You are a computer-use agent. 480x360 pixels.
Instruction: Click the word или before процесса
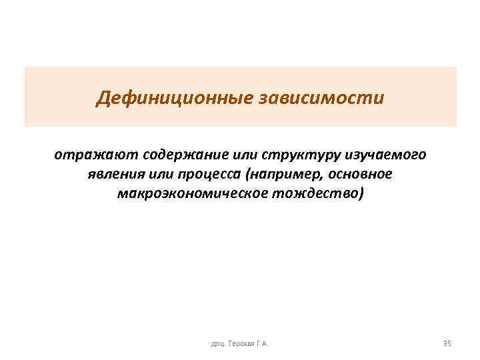(162, 175)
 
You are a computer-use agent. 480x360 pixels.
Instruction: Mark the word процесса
(215, 175)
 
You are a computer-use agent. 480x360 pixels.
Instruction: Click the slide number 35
(447, 343)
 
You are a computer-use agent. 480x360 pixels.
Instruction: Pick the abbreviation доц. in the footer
(217, 343)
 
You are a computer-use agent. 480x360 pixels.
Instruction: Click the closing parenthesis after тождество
(362, 194)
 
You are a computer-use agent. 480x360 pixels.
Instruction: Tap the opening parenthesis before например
(251, 175)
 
